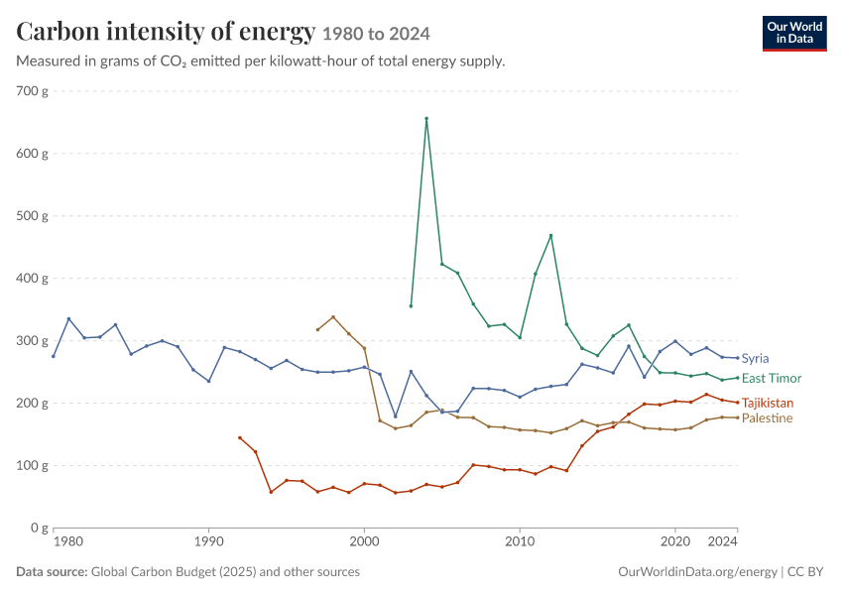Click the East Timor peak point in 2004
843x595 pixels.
pos(426,118)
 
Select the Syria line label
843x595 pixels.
pos(755,359)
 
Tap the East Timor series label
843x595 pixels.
pos(772,379)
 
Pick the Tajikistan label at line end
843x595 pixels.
pos(768,404)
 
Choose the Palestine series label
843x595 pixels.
pos(767,418)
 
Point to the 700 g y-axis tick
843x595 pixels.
pos(33,91)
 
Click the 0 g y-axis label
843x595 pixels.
pos(39,528)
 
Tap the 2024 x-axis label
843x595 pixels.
pos(723,541)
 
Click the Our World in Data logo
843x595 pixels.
pos(794,34)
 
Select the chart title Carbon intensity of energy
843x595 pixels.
pos(166,31)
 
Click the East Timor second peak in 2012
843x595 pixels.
pos(550,235)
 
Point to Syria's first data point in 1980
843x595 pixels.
pos(54,356)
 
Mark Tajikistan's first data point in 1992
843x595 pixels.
pos(240,438)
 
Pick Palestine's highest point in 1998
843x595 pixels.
pos(333,317)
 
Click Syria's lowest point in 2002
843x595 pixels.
pos(395,416)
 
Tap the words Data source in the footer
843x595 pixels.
pos(52,572)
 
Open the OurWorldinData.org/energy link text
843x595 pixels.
pos(697,572)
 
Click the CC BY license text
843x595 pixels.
pos(805,572)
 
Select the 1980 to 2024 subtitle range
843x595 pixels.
pos(376,34)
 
